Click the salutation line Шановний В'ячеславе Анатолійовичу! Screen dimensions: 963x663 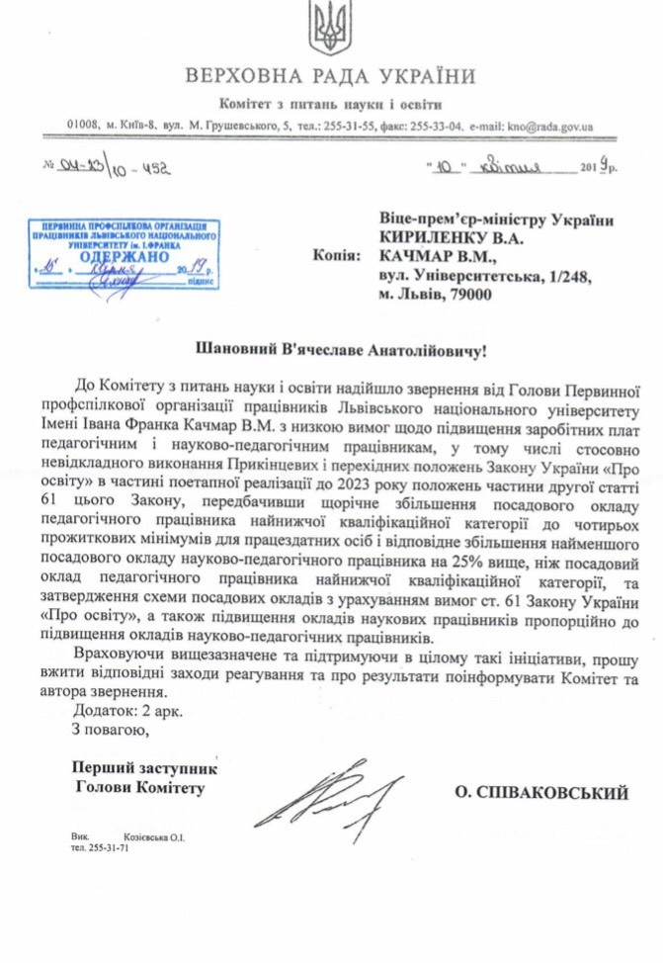(330, 350)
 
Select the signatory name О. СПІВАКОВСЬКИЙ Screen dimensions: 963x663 (542, 792)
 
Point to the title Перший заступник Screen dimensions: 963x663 (144, 767)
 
